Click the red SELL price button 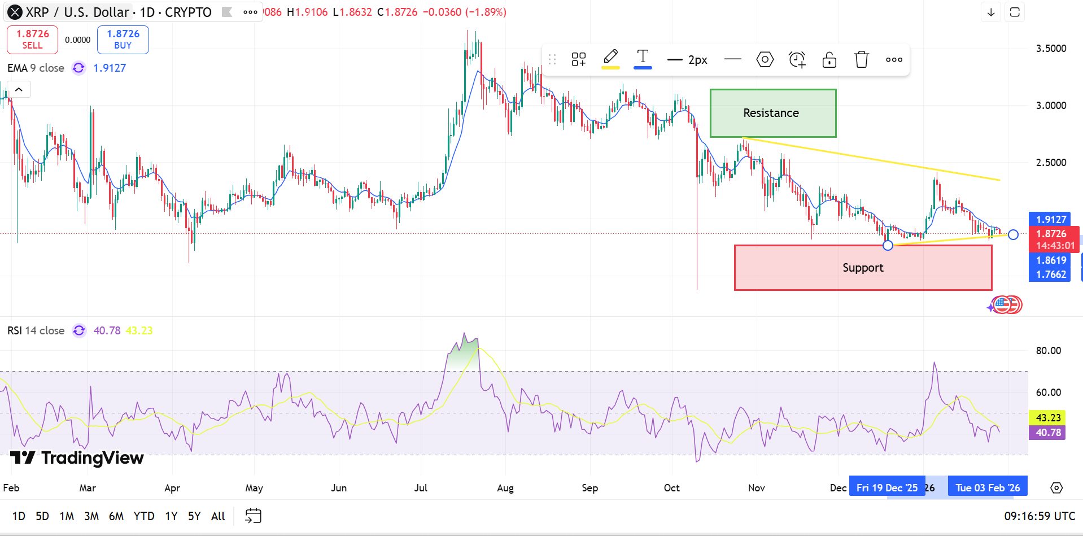[x=32, y=40]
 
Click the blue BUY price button [x=123, y=40]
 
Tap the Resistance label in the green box [x=771, y=113]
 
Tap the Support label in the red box [x=863, y=268]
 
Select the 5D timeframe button [x=42, y=516]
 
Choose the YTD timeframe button [x=144, y=516]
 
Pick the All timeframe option [x=218, y=516]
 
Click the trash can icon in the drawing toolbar [x=861, y=59]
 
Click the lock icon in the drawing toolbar [x=829, y=59]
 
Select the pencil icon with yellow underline [x=610, y=58]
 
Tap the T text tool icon [x=643, y=58]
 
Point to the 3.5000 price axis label [x=1051, y=49]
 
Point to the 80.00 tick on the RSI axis [x=1048, y=351]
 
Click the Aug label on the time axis [x=505, y=488]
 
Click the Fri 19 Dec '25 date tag [x=887, y=488]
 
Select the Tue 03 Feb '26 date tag [x=988, y=488]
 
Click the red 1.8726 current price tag [x=1051, y=234]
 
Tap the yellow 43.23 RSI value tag [x=1048, y=418]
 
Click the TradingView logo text [x=92, y=458]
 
